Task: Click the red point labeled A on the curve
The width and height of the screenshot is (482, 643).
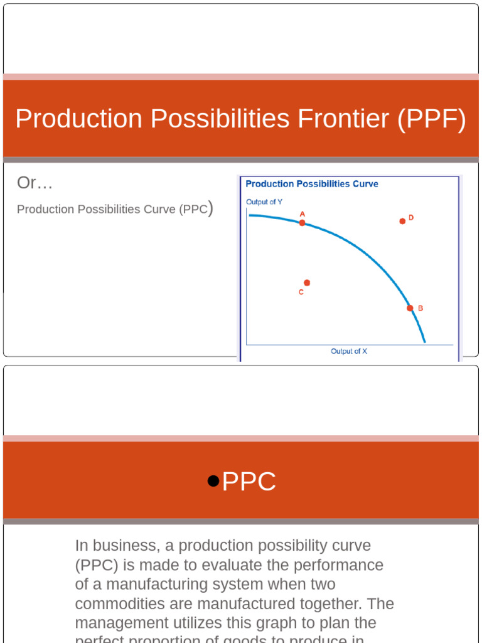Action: [302, 222]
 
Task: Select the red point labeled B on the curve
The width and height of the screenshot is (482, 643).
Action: [410, 308]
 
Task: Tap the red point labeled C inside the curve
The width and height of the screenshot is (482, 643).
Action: [307, 283]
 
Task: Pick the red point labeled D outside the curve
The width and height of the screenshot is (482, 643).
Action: [402, 221]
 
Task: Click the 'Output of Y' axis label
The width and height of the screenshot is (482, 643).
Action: [264, 202]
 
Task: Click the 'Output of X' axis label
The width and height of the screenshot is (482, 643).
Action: [349, 351]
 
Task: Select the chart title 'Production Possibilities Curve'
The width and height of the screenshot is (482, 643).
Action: [312, 184]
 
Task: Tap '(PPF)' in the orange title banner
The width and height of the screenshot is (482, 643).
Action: [432, 119]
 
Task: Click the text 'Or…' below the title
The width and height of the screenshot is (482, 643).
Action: [35, 183]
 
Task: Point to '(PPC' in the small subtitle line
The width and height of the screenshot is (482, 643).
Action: [193, 209]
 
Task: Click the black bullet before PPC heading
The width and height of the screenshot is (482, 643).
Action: [213, 482]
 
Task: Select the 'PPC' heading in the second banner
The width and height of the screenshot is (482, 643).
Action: [249, 482]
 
